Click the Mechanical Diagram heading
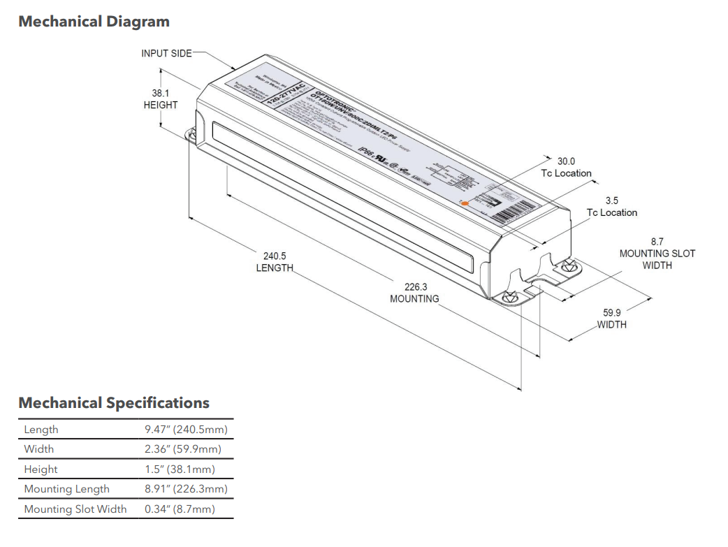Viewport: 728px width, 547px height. (94, 22)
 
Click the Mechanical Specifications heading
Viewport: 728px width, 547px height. (114, 403)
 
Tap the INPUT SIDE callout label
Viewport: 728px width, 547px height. (166, 53)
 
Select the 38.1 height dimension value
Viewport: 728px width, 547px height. (161, 92)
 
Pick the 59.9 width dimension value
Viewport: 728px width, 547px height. (612, 312)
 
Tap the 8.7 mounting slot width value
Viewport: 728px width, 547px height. (657, 241)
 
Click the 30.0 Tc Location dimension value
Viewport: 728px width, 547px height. (566, 161)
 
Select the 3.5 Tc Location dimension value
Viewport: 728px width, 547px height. (612, 200)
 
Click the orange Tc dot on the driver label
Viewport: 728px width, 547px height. (466, 201)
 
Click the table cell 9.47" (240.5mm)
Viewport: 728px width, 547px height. (186, 430)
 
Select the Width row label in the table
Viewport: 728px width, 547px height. (39, 449)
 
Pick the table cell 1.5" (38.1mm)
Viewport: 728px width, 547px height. (180, 469)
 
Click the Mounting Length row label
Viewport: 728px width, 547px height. (67, 489)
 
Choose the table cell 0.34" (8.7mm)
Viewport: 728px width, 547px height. (180, 509)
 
